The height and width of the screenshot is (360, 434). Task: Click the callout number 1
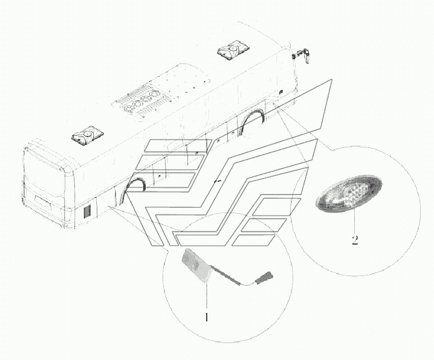coord(206,318)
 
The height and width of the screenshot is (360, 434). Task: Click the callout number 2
coord(355,240)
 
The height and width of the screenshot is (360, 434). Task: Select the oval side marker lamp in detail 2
coord(349,193)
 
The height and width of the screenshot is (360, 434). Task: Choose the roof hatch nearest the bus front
coord(233,50)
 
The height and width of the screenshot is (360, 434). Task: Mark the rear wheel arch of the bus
coord(135,188)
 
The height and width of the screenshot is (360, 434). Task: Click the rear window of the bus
coord(44,169)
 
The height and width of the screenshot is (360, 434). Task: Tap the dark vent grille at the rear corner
coord(88,212)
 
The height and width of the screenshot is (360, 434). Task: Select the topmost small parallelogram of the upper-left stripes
coord(179,146)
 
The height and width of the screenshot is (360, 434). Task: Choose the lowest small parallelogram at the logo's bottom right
coord(253,240)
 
